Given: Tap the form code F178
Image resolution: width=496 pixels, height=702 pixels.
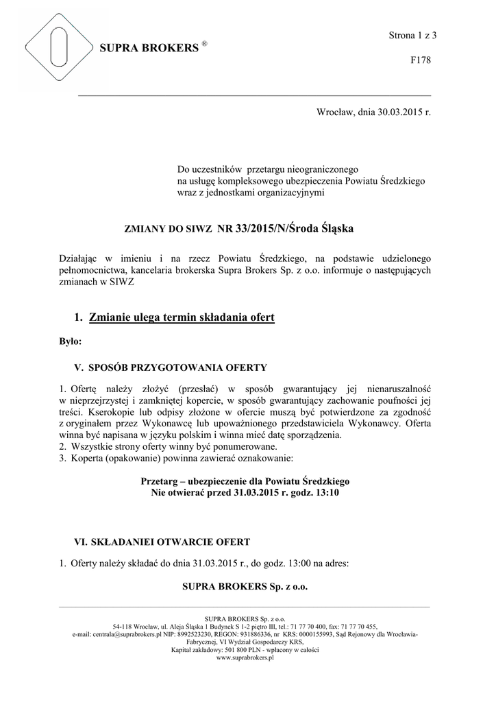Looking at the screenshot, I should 421,61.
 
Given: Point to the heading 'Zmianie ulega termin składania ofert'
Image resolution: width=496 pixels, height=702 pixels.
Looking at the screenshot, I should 182,317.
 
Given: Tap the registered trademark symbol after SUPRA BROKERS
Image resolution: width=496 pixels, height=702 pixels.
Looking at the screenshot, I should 204,43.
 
